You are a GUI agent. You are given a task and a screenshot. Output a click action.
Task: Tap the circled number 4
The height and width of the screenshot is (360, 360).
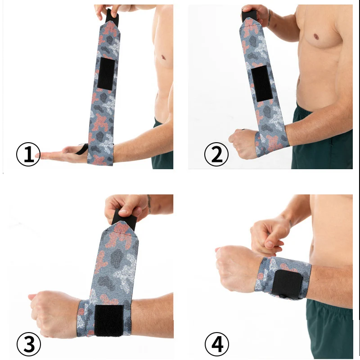[x=216, y=344]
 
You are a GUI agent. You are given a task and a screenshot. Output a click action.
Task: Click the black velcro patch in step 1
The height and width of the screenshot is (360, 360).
[x=106, y=74]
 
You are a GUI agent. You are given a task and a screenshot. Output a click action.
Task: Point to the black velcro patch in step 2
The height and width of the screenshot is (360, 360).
[x=261, y=83]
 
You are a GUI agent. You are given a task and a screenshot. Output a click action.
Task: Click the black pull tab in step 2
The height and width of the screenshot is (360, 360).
[x=248, y=16]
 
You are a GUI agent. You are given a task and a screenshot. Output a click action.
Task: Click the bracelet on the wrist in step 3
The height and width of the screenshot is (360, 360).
[x=148, y=203]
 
